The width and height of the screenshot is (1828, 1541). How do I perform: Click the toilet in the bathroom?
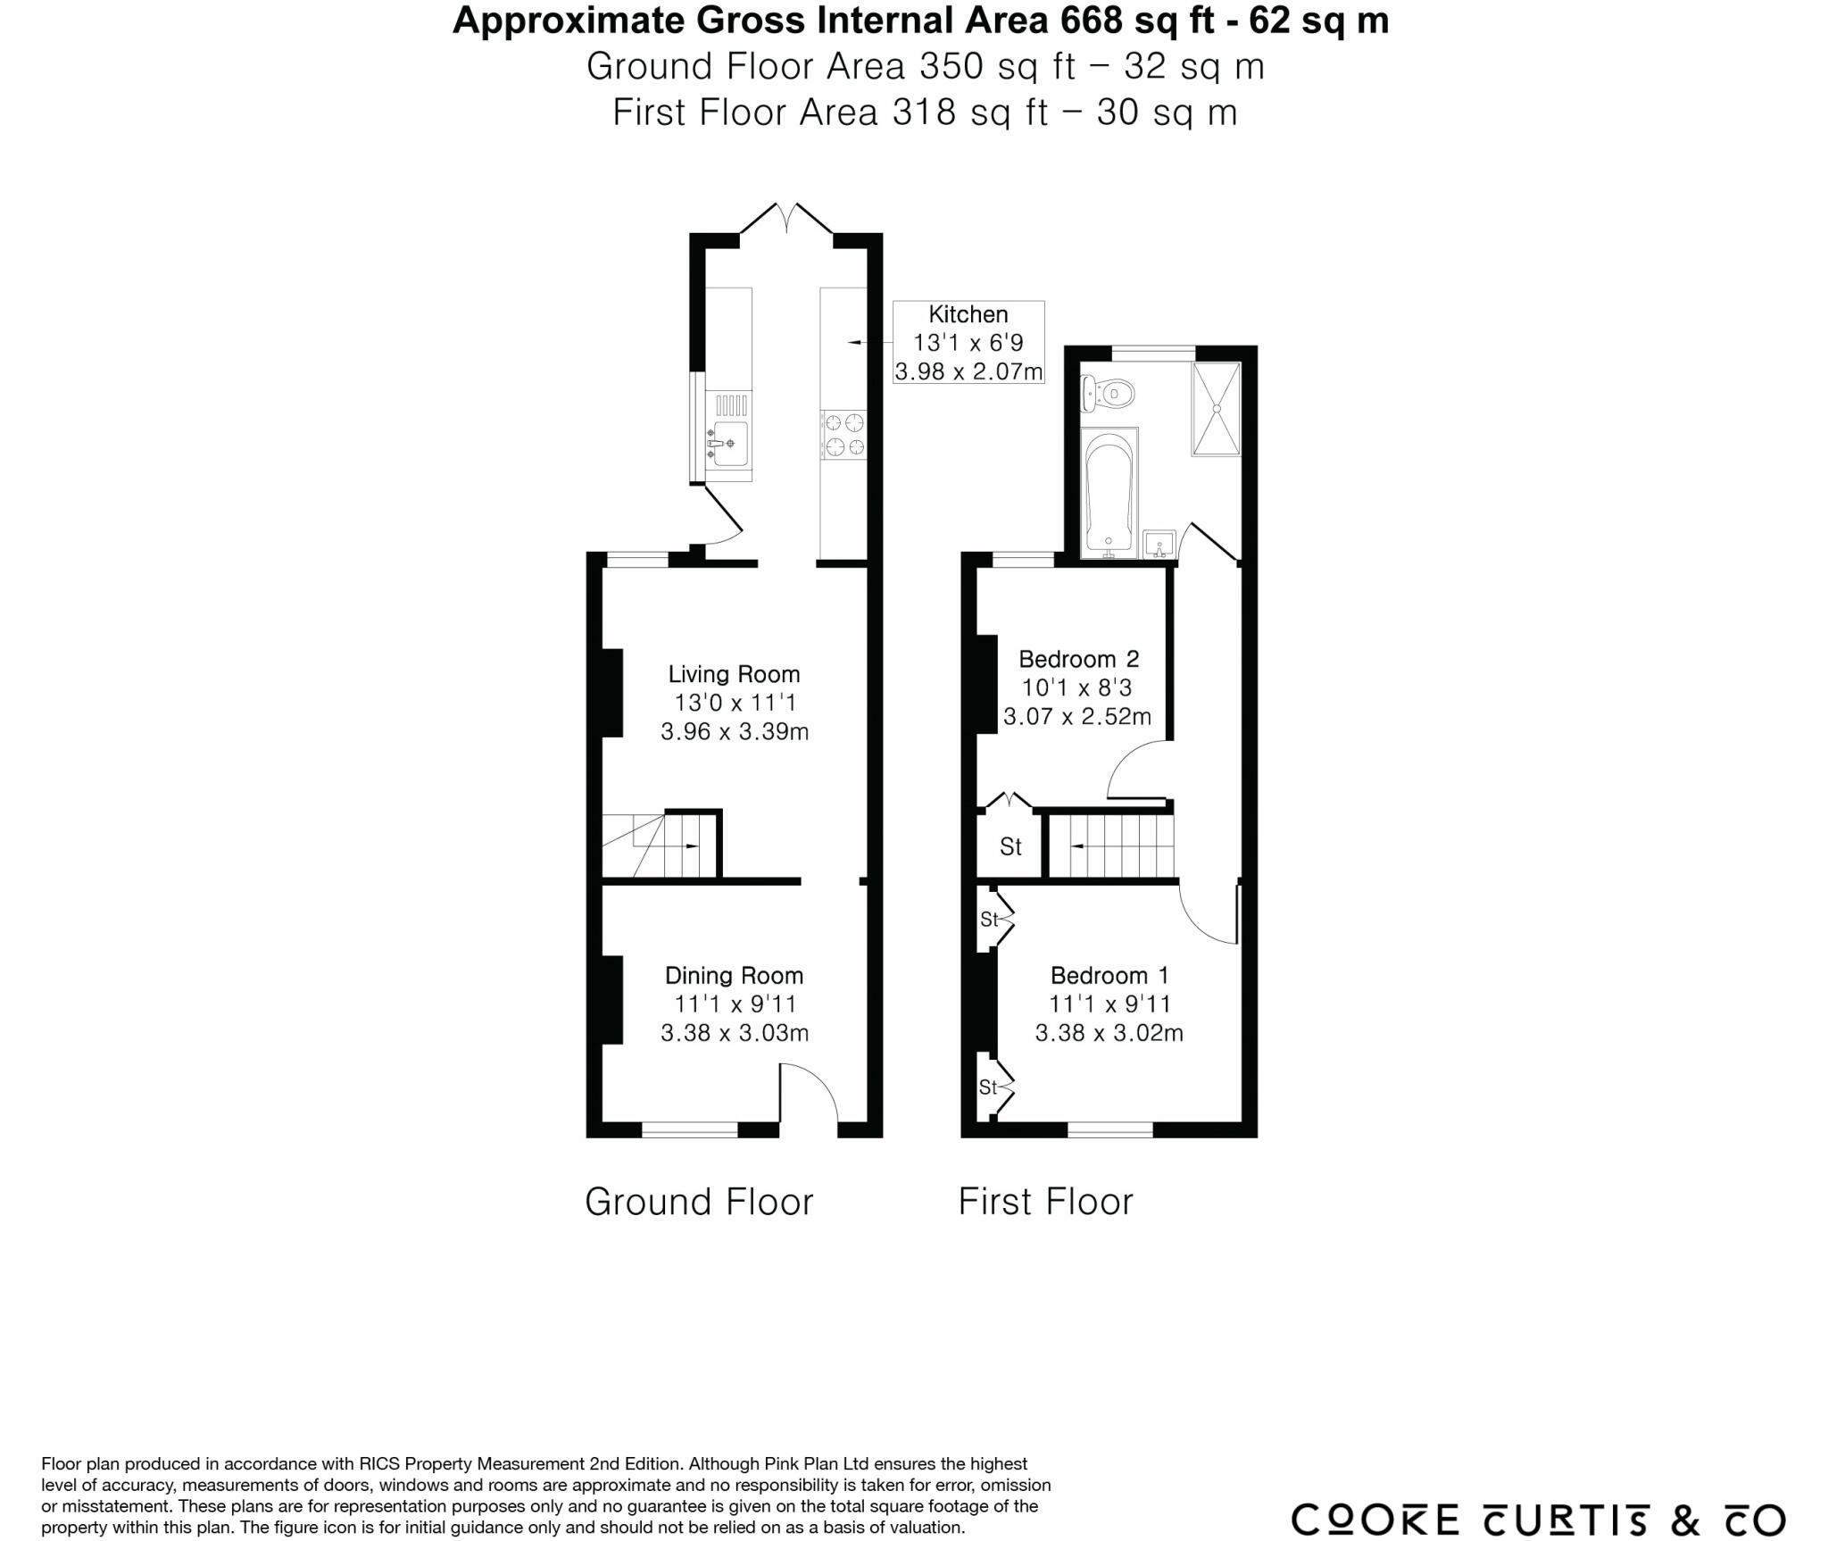pos(1109,393)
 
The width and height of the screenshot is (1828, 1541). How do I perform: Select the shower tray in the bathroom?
pos(1216,409)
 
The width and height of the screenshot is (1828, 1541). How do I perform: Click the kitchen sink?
pos(729,443)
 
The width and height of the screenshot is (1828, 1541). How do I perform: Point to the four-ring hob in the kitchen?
pos(843,434)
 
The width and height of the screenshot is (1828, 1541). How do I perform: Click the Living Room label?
pos(734,674)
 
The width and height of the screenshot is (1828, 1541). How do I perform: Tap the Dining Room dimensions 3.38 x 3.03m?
pos(734,1033)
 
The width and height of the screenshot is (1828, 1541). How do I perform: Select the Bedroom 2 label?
pos(1078,659)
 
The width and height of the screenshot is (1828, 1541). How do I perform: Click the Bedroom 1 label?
pos(1109,975)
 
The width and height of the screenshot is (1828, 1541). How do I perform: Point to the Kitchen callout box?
pos(968,343)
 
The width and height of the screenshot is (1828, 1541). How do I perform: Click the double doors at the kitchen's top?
pos(787,219)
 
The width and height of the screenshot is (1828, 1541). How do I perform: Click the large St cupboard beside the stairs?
pos(1010,845)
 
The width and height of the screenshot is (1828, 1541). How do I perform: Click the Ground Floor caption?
pos(699,1202)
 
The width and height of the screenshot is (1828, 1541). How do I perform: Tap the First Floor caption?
pos(1045,1202)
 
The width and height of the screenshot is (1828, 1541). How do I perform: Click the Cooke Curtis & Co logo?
pos(1537,1495)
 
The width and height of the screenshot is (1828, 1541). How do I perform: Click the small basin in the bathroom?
pos(1159,543)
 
